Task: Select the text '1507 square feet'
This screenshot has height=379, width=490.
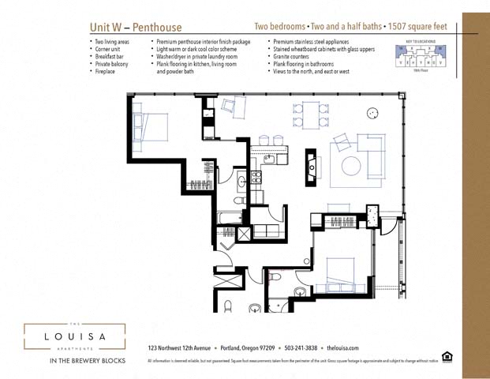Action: point(419,27)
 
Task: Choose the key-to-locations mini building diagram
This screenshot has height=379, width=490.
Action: point(421,56)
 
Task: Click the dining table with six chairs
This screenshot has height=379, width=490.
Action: point(309,115)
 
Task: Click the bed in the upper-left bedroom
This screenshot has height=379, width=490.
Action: point(152,126)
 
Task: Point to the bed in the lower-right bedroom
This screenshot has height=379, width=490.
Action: point(337,272)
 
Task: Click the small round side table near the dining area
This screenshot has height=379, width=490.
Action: point(371,114)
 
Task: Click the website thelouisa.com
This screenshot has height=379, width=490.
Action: point(342,347)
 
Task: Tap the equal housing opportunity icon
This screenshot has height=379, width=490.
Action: point(447,356)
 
